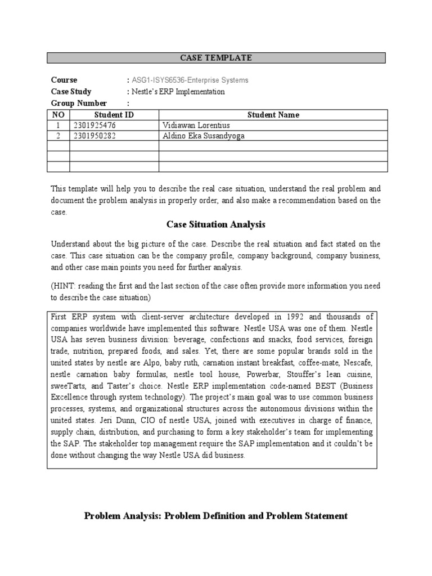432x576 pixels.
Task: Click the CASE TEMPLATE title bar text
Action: pyautogui.click(x=215, y=58)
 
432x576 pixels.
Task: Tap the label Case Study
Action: pyautogui.click(x=71, y=92)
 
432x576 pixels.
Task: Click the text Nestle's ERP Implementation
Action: pyautogui.click(x=178, y=92)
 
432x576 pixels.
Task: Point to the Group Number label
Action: pyautogui.click(x=79, y=103)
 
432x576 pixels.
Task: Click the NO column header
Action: pyautogui.click(x=58, y=115)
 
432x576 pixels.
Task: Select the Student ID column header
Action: pyautogui.click(x=114, y=115)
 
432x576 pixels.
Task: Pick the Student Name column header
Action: pyautogui.click(x=273, y=115)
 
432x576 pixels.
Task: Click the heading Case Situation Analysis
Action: pyautogui.click(x=215, y=225)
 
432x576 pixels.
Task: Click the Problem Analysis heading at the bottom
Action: pyautogui.click(x=215, y=515)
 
